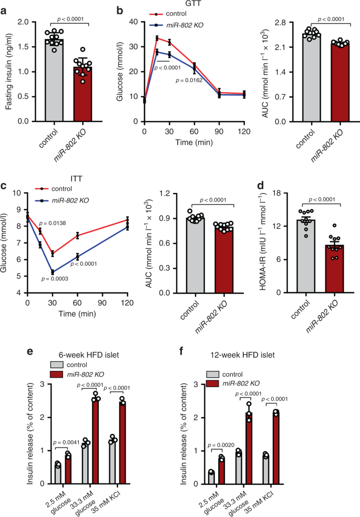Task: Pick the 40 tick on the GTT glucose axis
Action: tap(135, 22)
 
